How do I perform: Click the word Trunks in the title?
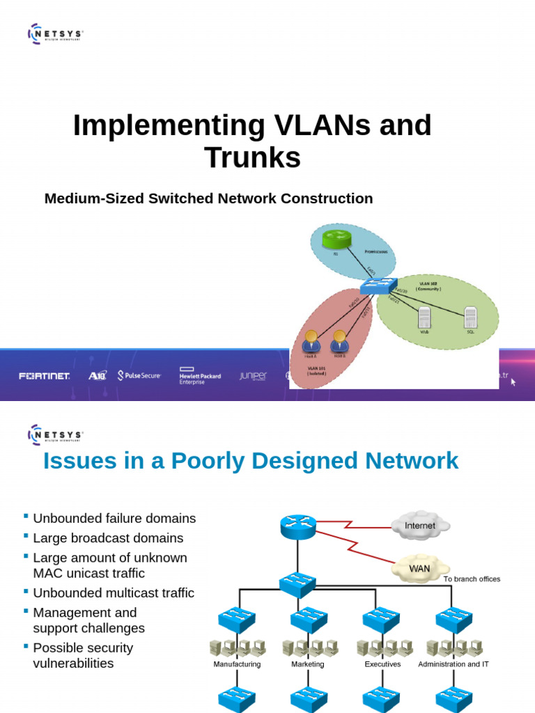click(x=252, y=157)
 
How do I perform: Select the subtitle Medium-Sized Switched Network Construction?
click(x=208, y=198)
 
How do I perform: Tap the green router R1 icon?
click(x=339, y=241)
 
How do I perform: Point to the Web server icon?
click(x=424, y=319)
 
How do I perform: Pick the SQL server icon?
click(x=470, y=318)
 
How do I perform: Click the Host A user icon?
click(x=311, y=340)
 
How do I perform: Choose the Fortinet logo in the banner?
click(x=45, y=376)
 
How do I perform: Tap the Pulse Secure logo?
click(x=139, y=376)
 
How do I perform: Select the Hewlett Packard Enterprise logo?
click(x=200, y=376)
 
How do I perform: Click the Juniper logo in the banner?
click(x=253, y=376)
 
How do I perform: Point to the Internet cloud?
click(x=420, y=526)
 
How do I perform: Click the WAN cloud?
click(x=419, y=568)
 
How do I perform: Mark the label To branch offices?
click(x=472, y=579)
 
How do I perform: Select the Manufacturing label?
click(x=237, y=664)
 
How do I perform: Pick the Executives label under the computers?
click(x=382, y=664)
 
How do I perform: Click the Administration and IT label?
click(x=453, y=664)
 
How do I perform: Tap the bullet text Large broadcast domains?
click(x=108, y=538)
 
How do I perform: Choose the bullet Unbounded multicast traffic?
click(x=114, y=593)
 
